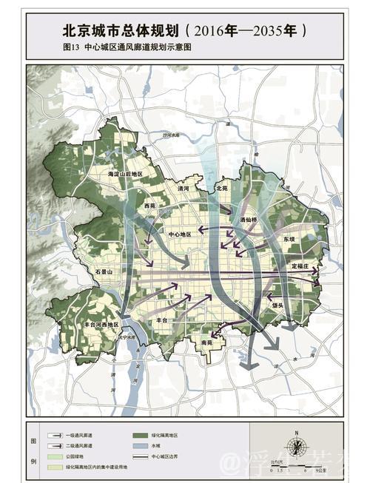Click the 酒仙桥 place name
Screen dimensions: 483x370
249,220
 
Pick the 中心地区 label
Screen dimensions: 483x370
181,234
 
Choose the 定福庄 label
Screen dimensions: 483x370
303,266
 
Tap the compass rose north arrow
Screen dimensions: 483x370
297,445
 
